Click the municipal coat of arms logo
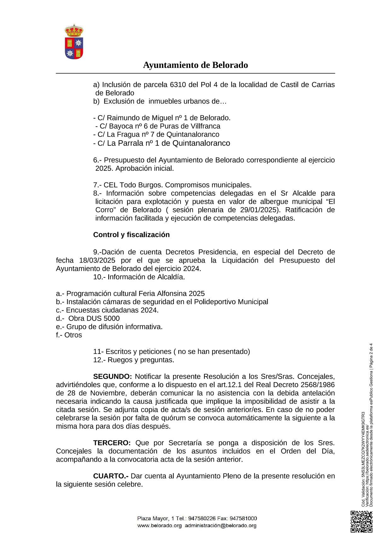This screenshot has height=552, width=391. [74, 42]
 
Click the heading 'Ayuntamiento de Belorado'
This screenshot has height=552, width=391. [195, 65]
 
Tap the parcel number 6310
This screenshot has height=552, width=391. [178, 85]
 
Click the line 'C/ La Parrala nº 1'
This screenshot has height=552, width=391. [162, 143]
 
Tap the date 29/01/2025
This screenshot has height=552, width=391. [258, 210]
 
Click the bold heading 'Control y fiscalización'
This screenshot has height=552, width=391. [131, 235]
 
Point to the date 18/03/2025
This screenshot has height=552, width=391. [97, 260]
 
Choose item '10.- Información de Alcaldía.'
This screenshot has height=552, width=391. [139, 277]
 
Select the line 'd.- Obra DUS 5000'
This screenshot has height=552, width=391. [88, 318]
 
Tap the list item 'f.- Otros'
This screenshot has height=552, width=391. [69, 335]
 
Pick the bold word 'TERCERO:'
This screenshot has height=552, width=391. [112, 443]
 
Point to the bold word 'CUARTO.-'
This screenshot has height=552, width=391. [111, 476]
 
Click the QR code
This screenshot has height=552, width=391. [361, 522]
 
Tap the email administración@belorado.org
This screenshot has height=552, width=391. [221, 526]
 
